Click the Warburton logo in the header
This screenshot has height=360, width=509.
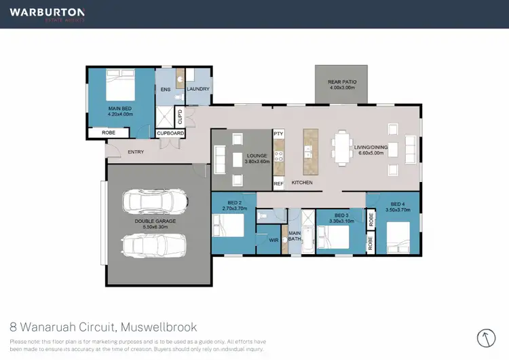47,14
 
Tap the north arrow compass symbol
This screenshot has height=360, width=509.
486,338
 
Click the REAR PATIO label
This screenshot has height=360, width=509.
342,82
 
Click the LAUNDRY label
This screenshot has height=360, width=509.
199,89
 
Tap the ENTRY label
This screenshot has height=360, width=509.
136,151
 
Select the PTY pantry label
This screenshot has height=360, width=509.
278,134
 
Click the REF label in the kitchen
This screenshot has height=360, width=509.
278,183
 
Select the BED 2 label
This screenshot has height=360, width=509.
235,203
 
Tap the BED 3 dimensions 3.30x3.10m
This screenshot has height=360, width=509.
338,221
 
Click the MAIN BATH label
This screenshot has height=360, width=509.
295,235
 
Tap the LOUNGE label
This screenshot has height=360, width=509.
258,156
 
